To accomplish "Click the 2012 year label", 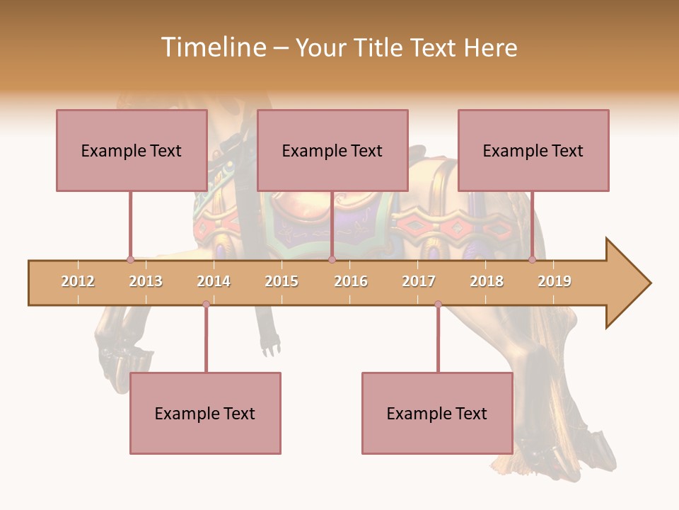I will pyautogui.click(x=78, y=281).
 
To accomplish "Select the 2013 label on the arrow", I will pyautogui.click(x=146, y=281).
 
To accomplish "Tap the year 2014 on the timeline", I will pyautogui.click(x=214, y=281).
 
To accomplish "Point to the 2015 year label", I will pyautogui.click(x=282, y=281).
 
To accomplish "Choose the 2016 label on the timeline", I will pyautogui.click(x=351, y=281).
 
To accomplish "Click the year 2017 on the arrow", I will pyautogui.click(x=419, y=281).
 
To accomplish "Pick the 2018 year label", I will pyautogui.click(x=487, y=281).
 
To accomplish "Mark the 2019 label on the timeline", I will pyautogui.click(x=555, y=281).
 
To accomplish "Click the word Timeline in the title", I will pyautogui.click(x=211, y=47).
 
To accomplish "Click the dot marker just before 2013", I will pyautogui.click(x=130, y=260).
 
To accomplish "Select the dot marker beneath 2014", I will pyautogui.click(x=206, y=305).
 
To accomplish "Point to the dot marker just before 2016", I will pyautogui.click(x=332, y=260).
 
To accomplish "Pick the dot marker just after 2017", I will pyautogui.click(x=438, y=305).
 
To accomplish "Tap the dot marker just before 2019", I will pyautogui.click(x=532, y=260).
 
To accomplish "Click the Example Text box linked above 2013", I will pyautogui.click(x=132, y=150).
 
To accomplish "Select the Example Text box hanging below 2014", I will pyautogui.click(x=205, y=413).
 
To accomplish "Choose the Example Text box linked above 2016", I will pyautogui.click(x=332, y=150).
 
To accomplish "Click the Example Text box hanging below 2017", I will pyautogui.click(x=437, y=413).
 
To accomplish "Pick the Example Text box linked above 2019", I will pyautogui.click(x=533, y=150).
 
